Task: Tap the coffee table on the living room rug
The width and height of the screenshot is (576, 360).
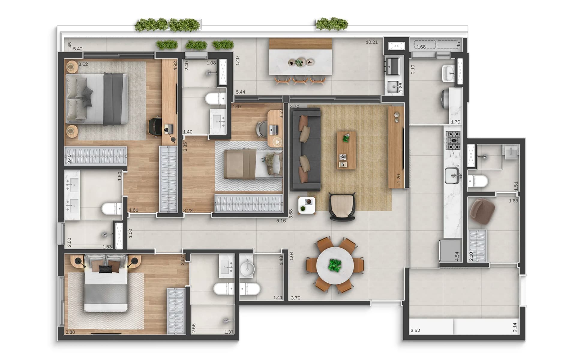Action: (346, 150)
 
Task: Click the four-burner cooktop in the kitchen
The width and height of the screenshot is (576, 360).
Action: (453, 140)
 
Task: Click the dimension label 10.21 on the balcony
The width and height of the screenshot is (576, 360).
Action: (371, 42)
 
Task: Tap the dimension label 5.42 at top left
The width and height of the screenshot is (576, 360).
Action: (78, 49)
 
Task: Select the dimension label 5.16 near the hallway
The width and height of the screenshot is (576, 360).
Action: (281, 221)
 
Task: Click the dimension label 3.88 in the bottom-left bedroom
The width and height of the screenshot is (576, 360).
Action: (70, 332)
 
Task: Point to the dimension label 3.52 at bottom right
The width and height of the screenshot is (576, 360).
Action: (415, 331)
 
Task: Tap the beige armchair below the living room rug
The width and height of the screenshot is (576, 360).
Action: (342, 207)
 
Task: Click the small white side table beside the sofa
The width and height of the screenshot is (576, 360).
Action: (307, 205)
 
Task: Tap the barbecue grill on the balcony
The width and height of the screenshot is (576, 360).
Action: (392, 66)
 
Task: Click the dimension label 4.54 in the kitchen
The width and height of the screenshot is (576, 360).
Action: (457, 256)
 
